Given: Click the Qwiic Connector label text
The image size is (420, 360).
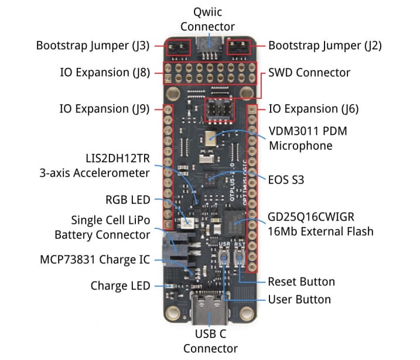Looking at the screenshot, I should (207, 19).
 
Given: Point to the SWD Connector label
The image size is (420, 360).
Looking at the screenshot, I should (309, 73).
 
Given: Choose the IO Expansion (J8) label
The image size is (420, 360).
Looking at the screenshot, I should (105, 73).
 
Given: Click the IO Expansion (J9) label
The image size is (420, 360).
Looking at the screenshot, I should (105, 109).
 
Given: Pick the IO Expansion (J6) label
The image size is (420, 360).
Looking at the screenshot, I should (313, 109).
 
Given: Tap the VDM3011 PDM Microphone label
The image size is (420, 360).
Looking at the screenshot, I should (308, 138).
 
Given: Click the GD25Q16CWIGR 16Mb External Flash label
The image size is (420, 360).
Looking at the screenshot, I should (320, 223).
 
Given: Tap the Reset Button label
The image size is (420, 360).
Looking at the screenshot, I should (301, 282).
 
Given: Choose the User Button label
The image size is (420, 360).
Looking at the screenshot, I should (299, 300).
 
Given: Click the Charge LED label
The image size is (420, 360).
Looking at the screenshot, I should (120, 286).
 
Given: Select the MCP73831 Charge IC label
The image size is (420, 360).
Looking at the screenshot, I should (94, 259).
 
